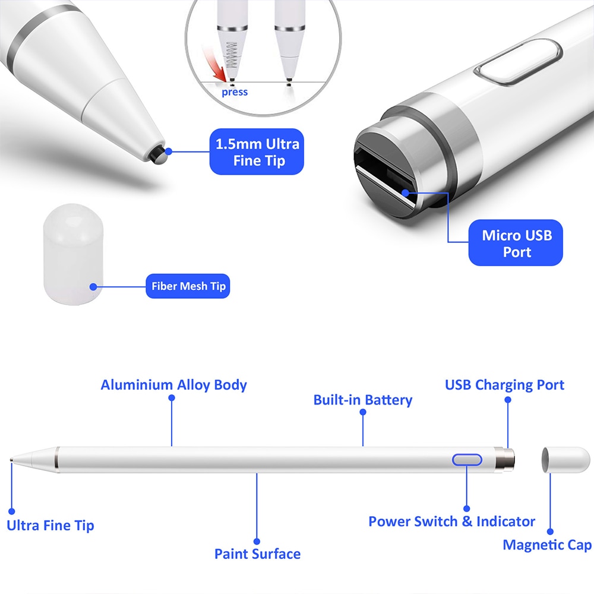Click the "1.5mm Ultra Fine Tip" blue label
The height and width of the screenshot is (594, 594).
pyautogui.click(x=257, y=152)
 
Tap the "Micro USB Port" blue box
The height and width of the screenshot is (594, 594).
pyautogui.click(x=516, y=243)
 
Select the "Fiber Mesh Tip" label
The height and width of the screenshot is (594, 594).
pyautogui.click(x=188, y=286)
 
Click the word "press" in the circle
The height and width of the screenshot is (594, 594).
pyautogui.click(x=235, y=92)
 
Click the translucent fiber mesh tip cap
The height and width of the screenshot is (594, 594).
pyautogui.click(x=73, y=253)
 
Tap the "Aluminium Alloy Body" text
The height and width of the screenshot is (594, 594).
pyautogui.click(x=173, y=384)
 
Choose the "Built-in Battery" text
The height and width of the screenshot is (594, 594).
pyautogui.click(x=362, y=400)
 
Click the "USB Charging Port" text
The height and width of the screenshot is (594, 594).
pyautogui.click(x=504, y=384)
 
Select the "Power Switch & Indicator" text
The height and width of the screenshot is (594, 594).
pyautogui.click(x=451, y=522)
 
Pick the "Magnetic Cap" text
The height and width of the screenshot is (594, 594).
pyautogui.click(x=546, y=545)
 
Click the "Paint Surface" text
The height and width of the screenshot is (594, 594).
pyautogui.click(x=257, y=554)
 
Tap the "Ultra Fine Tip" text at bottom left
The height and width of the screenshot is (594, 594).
pyautogui.click(x=50, y=526)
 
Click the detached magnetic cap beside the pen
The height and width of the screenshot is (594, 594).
pyautogui.click(x=565, y=460)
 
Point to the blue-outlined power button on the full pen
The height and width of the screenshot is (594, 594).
pyautogui.click(x=467, y=460)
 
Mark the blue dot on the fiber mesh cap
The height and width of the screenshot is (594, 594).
pyautogui.click(x=93, y=286)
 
